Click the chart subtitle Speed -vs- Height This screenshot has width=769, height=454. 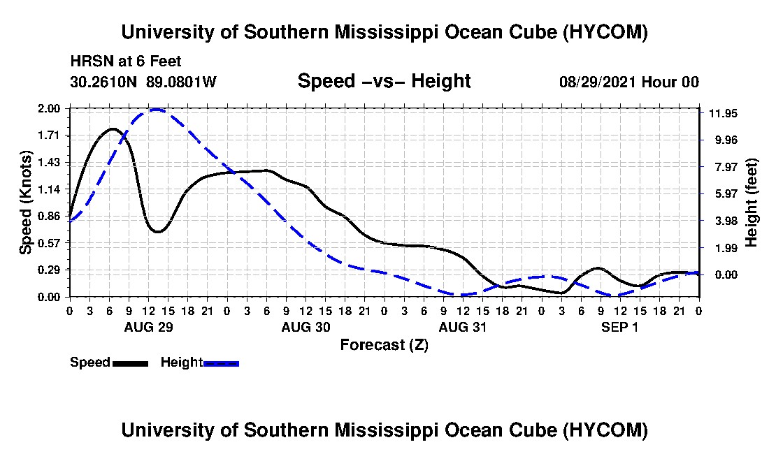click(384, 81)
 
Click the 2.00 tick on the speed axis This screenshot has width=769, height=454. click(48, 108)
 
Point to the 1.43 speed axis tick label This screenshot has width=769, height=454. click(48, 162)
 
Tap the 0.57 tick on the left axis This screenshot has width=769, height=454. click(48, 243)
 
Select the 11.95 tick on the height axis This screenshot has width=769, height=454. click(723, 114)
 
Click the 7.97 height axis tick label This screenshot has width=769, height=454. click(726, 167)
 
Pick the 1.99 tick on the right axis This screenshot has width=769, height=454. click(726, 249)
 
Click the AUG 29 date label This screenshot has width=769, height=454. click(149, 327)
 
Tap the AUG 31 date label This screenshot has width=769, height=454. click(463, 327)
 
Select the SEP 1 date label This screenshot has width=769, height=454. click(620, 327)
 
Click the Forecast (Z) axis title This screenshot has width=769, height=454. click(384, 345)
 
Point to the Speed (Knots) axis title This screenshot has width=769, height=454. click(25, 203)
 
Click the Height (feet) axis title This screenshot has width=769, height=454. click(751, 203)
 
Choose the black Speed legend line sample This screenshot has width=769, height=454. click(130, 363)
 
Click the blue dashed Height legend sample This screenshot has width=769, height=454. click(221, 363)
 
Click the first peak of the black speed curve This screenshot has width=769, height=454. click(113, 129)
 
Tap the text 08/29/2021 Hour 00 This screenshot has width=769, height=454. click(629, 82)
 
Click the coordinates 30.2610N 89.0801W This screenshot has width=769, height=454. click(143, 82)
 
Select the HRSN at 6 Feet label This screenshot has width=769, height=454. click(126, 61)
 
